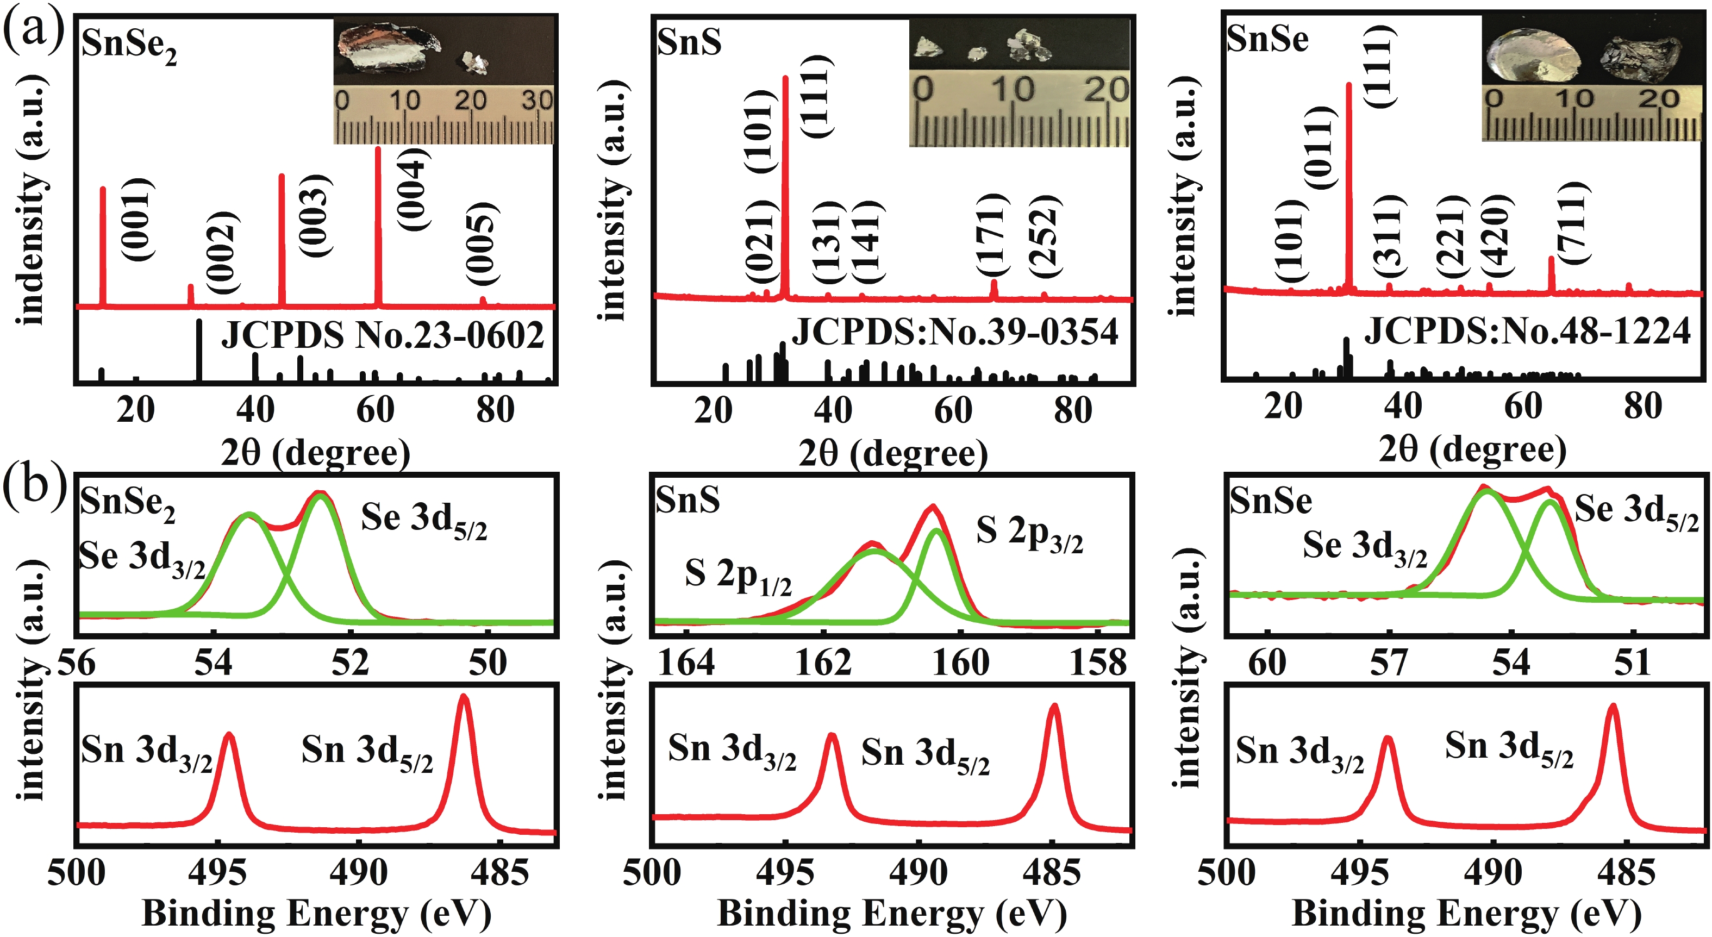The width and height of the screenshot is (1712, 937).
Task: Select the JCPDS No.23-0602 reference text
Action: pos(382,334)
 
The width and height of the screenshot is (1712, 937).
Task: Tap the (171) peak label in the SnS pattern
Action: pos(992,234)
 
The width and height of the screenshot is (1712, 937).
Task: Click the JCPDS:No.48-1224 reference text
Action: pos(1527,330)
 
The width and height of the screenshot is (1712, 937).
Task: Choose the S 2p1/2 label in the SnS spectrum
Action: pos(738,576)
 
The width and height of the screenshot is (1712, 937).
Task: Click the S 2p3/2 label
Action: pos(1029,534)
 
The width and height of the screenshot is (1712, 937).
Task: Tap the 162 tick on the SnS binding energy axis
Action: pos(823,663)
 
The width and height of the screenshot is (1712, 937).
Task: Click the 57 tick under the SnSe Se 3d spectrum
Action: pos(1388,663)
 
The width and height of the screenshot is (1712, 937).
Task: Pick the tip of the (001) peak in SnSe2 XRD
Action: pos(102,189)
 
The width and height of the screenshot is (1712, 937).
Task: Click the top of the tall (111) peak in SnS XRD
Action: pos(785,78)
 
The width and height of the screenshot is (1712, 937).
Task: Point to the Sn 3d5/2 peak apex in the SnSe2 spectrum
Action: pos(464,697)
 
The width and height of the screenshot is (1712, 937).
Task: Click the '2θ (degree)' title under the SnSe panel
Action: pos(1472,450)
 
